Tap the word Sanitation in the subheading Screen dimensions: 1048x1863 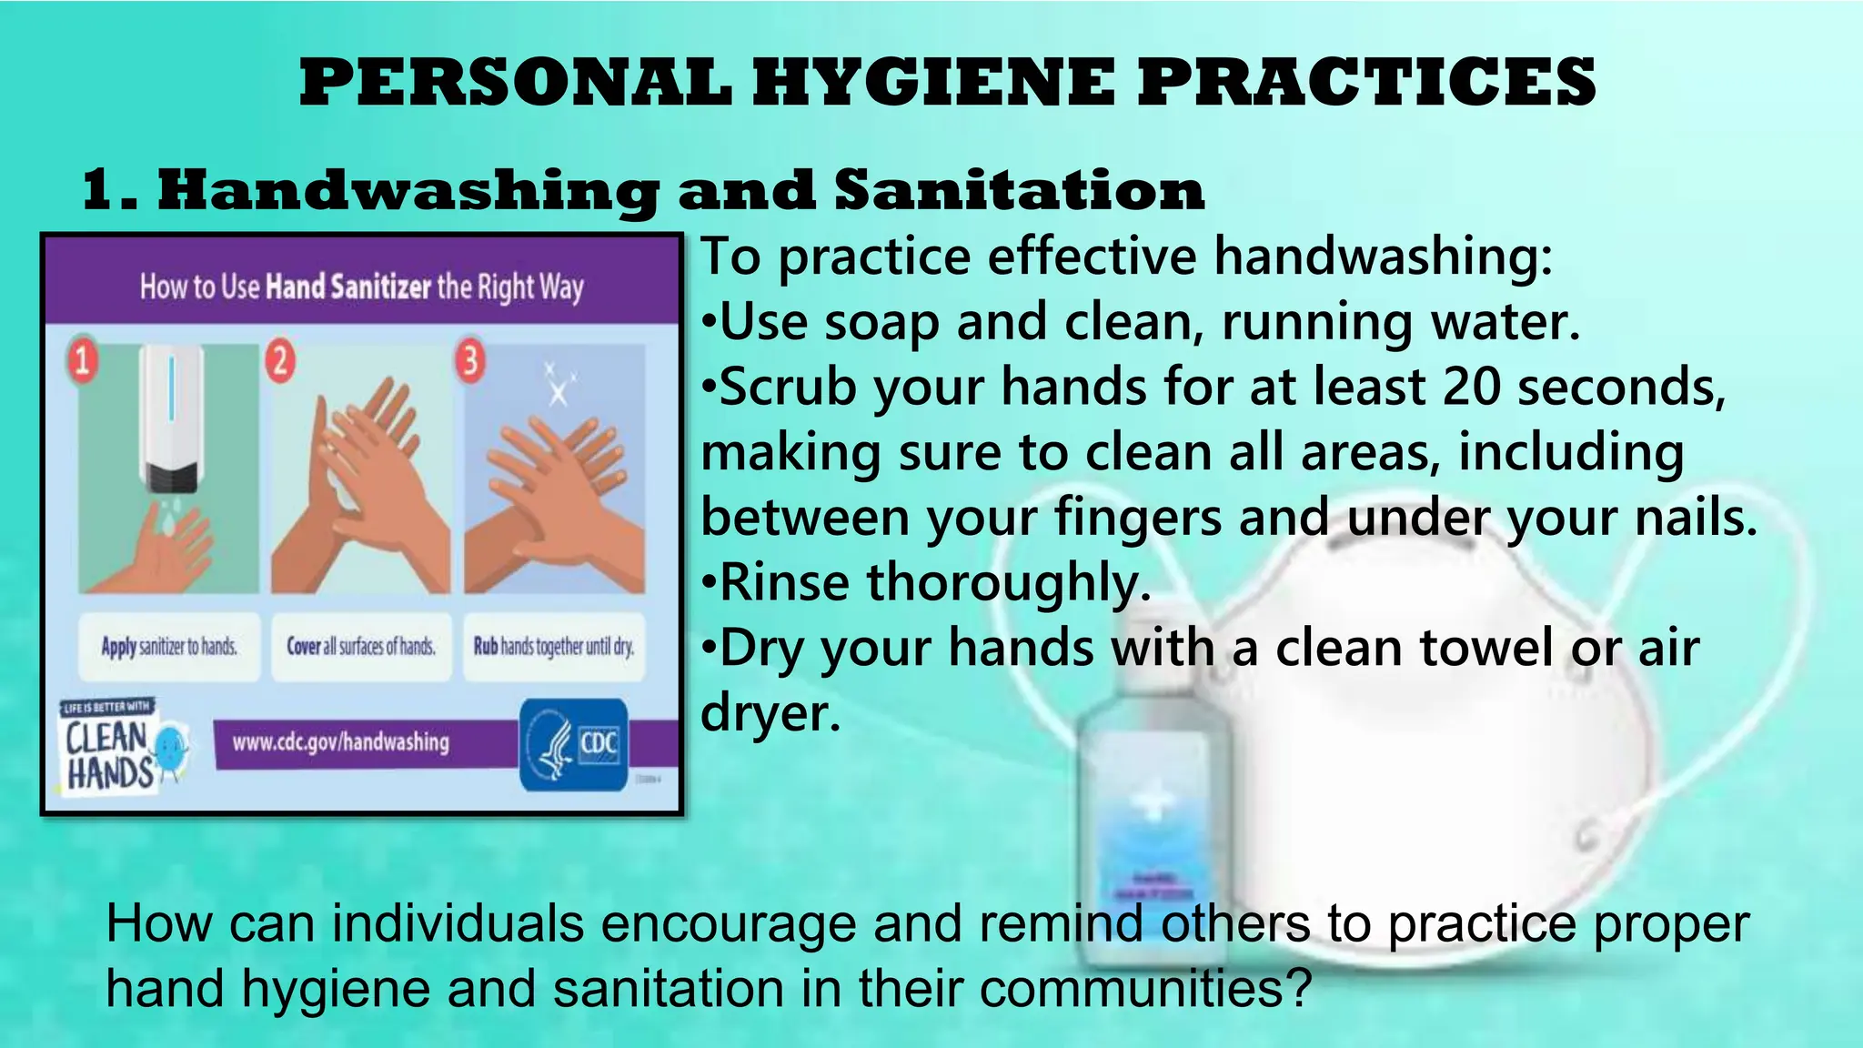tap(1019, 191)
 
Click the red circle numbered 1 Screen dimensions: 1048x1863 tap(82, 360)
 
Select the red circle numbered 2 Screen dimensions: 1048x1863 tap(280, 360)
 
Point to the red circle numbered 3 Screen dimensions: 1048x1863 tap(470, 360)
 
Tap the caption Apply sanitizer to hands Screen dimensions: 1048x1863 tap(169, 647)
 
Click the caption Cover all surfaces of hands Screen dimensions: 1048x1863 tap(361, 647)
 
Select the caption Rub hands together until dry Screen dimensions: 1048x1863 tap(553, 647)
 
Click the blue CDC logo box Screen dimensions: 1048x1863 tap(573, 744)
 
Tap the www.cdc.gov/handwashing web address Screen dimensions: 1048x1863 tap(341, 742)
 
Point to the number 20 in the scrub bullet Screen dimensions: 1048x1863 tap(1471, 387)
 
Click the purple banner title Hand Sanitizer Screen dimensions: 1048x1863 tap(348, 287)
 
